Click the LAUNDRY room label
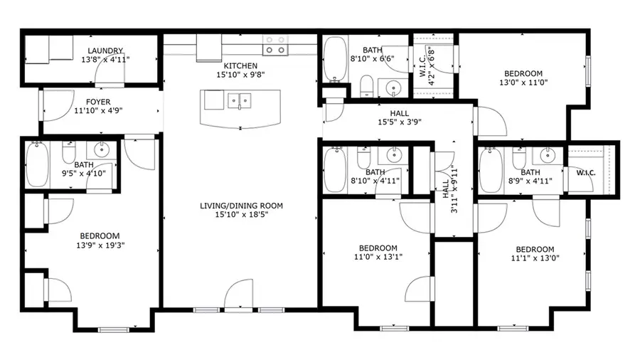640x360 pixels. click(105, 51)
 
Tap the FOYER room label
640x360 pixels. click(98, 101)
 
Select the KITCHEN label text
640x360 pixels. click(240, 65)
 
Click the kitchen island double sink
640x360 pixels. click(240, 102)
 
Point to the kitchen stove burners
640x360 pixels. click(276, 46)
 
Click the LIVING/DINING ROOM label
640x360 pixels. click(241, 206)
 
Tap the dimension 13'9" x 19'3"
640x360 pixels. click(99, 245)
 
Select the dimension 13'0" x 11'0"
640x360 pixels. click(523, 83)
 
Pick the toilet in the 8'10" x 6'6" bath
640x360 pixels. click(366, 87)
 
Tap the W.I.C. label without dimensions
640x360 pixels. click(586, 173)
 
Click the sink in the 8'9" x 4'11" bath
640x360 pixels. click(548, 156)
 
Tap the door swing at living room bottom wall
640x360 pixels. click(240, 293)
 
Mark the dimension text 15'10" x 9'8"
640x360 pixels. click(240, 74)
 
